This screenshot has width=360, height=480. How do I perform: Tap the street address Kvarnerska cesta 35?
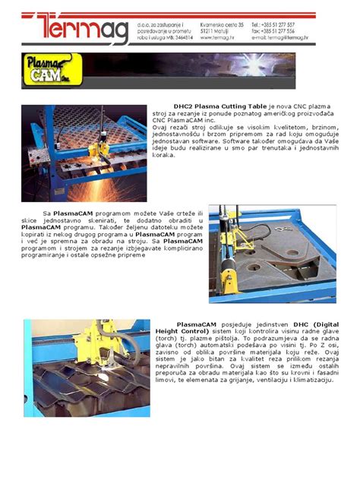[223, 24]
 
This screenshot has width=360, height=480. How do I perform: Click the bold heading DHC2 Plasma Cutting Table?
[219, 106]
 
